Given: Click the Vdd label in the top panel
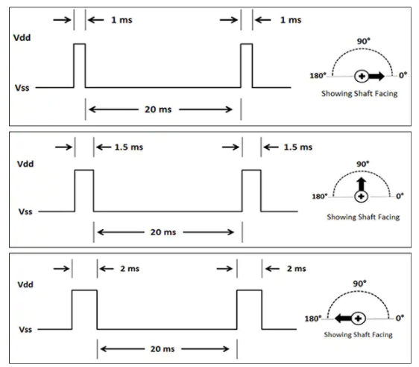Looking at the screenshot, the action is (22, 38).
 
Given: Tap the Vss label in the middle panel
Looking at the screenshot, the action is (25, 211).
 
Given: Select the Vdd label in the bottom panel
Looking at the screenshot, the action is (25, 284).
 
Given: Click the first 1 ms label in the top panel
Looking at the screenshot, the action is (122, 20).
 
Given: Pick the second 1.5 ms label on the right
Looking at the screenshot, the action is (298, 147).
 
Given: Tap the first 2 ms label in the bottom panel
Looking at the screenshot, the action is (130, 269).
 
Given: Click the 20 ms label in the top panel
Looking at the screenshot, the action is (158, 109).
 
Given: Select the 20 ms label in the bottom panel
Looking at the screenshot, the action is (163, 349).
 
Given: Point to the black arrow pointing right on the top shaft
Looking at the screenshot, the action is (377, 77).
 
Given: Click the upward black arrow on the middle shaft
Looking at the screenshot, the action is (362, 184).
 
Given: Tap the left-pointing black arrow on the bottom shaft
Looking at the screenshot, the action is (343, 318).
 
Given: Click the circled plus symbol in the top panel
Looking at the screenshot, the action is (362, 77).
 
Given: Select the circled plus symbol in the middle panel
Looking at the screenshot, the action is (362, 197).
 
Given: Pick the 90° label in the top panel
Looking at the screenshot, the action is (364, 41).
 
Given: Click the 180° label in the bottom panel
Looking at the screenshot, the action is (313, 319).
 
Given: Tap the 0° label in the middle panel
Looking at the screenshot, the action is (400, 197).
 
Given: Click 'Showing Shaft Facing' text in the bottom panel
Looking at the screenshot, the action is (358, 335).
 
